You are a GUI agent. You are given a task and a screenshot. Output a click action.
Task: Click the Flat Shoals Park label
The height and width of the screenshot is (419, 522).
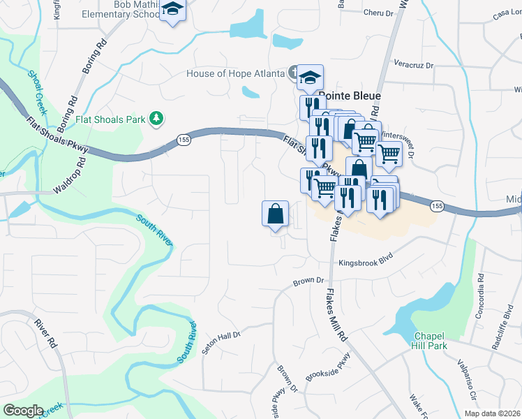tap(111, 119)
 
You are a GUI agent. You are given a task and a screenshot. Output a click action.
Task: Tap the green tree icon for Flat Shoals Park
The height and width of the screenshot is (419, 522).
tap(158, 119)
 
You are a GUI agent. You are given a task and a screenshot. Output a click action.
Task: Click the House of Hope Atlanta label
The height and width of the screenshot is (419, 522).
tap(236, 74)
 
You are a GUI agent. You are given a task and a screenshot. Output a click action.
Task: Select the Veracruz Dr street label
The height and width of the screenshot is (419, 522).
tap(413, 66)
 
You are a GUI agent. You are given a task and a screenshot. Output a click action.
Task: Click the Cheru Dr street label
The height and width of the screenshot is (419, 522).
tap(380, 12)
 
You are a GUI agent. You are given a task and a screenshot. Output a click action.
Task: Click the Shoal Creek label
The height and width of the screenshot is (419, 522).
tap(36, 91)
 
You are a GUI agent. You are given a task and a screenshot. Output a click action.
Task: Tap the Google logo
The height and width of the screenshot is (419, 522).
tap(23, 410)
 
